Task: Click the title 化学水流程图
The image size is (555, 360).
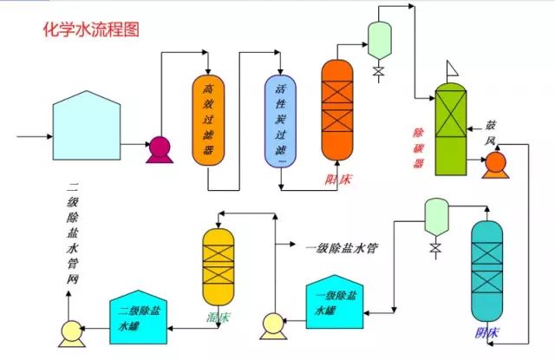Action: (x=90, y=29)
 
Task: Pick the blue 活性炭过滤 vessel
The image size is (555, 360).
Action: (x=280, y=121)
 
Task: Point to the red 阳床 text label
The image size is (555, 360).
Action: (x=337, y=180)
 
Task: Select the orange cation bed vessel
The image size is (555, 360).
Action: (x=338, y=110)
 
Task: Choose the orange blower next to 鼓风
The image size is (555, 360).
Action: (x=495, y=162)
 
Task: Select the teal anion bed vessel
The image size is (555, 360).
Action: (x=486, y=270)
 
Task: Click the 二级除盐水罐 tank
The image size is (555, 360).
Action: (x=138, y=315)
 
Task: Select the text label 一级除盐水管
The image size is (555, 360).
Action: (x=343, y=247)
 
